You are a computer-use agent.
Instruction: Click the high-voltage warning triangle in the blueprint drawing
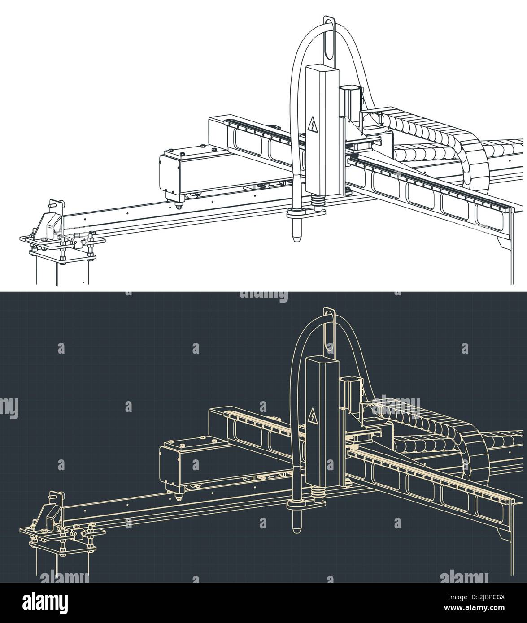click(313, 416)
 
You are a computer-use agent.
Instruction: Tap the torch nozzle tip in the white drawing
click(296, 236)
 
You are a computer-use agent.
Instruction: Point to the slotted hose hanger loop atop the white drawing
click(330, 40)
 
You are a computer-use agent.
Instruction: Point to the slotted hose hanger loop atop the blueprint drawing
click(330, 331)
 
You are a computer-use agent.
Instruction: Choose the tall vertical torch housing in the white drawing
click(320, 130)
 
